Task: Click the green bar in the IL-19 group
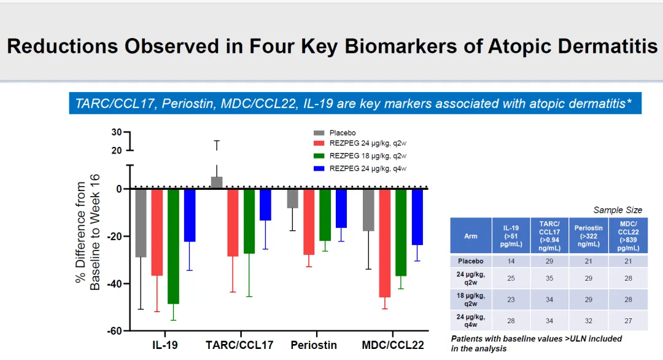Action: click(x=173, y=246)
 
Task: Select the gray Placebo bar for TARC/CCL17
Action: click(x=217, y=183)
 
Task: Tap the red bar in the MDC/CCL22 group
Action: click(x=385, y=243)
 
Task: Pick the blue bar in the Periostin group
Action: click(x=341, y=208)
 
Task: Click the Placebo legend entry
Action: click(x=343, y=133)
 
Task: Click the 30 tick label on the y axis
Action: click(x=117, y=132)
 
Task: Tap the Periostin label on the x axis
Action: click(x=314, y=345)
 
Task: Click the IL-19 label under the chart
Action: click(x=165, y=345)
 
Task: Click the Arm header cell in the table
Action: click(x=471, y=235)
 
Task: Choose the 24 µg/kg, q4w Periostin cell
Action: click(x=588, y=321)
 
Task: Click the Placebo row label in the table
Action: click(x=471, y=261)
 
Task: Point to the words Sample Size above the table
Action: click(x=618, y=210)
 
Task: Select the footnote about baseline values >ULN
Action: click(x=537, y=343)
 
